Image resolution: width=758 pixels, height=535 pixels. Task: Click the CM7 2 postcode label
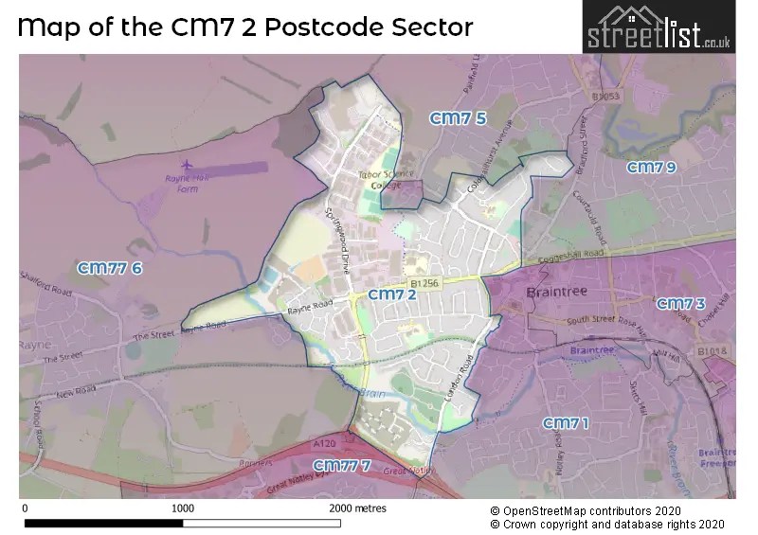392,294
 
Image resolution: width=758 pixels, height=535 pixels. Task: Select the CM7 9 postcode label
652,168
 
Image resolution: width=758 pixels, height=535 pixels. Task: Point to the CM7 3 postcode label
680,303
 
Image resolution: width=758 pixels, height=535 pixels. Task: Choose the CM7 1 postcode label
565,422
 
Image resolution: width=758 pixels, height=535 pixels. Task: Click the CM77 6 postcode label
110,268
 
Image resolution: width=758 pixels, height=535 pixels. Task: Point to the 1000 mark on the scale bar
182,508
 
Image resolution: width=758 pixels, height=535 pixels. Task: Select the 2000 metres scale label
357,508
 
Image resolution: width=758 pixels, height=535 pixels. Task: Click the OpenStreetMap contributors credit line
606,509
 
